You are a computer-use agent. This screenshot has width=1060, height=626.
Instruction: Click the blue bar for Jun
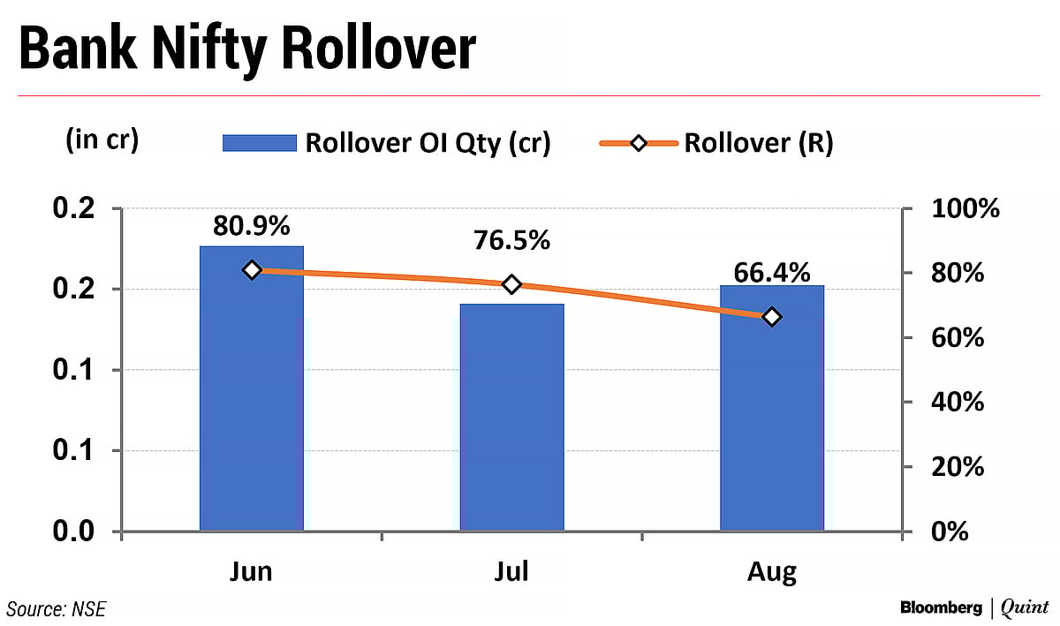pos(252,388)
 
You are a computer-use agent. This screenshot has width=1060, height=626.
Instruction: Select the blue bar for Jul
pos(511,417)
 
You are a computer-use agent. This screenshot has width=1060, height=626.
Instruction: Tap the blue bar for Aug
pos(772,408)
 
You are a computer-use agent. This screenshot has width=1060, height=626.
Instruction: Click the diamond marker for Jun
pos(252,269)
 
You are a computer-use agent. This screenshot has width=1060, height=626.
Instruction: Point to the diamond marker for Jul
pos(511,284)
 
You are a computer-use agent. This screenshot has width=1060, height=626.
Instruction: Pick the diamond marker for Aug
pos(772,317)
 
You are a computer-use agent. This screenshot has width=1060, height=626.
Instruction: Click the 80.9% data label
pos(252,227)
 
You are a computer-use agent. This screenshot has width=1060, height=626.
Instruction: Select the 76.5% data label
pos(511,241)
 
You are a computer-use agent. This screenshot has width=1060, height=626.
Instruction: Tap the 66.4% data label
pos(772,273)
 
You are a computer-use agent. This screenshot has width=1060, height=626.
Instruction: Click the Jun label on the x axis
pos(252,571)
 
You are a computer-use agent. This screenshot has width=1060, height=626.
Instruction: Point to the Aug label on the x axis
pos(772,571)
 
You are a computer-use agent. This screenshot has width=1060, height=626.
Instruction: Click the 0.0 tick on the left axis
pos(74,532)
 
